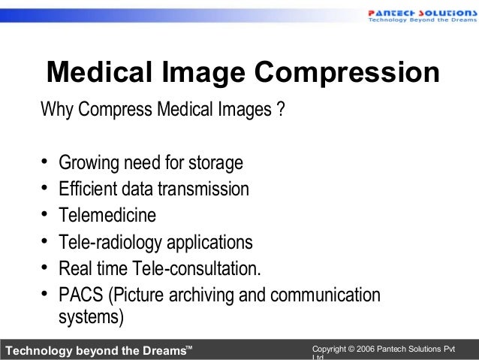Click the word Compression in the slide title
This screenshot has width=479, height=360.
pyautogui.click(x=347, y=74)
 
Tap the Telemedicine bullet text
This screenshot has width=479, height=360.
pyautogui.click(x=108, y=215)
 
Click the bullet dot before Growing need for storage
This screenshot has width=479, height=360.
pyautogui.click(x=45, y=162)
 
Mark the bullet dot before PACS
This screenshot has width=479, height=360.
pyautogui.click(x=45, y=294)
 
